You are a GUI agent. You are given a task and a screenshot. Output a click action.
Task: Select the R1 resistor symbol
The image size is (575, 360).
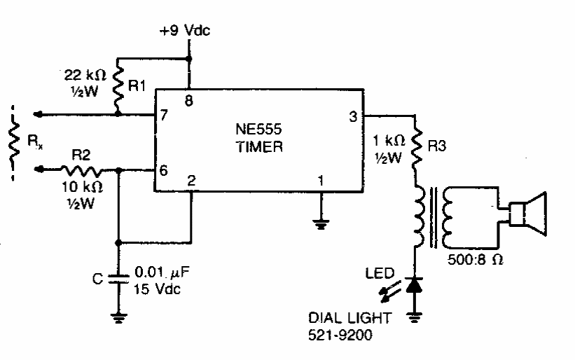[x=118, y=85]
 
